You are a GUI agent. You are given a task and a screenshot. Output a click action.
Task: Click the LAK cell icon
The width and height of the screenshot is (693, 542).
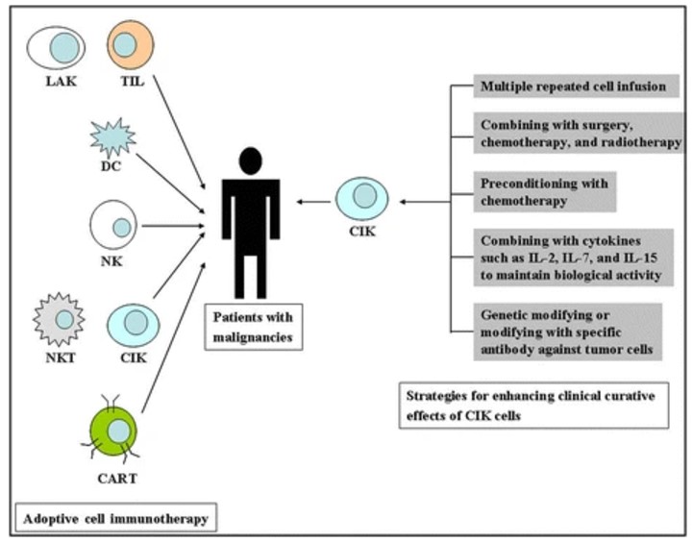tap(56, 45)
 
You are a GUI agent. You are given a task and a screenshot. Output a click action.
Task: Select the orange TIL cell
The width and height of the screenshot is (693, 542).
tap(125, 43)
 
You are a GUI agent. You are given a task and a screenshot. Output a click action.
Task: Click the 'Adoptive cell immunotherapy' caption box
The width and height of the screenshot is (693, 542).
tap(116, 519)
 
